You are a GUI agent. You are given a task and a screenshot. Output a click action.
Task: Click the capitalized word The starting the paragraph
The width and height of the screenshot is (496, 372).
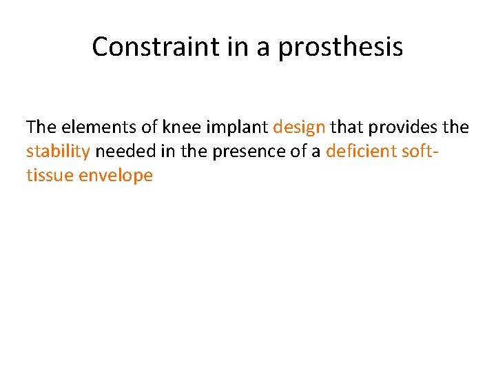[x=41, y=127]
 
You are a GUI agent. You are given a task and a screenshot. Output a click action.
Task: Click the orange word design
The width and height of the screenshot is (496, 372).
[x=299, y=127]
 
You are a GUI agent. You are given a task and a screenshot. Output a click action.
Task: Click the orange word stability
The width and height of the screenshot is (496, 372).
[x=58, y=152]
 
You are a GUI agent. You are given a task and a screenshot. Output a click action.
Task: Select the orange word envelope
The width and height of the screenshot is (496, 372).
[x=116, y=176]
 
